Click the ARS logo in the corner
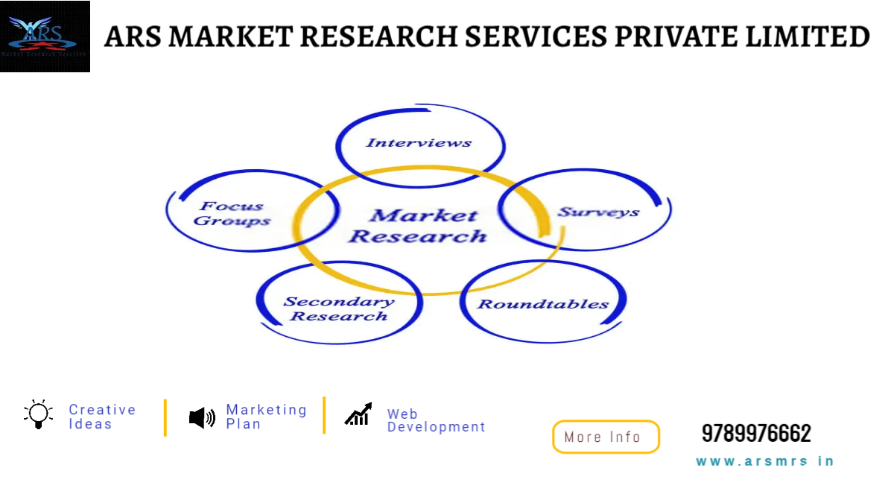click(x=45, y=37)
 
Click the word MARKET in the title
click(x=231, y=37)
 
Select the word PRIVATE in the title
click(x=675, y=37)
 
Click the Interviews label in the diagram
click(x=419, y=142)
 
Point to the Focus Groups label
click(x=232, y=214)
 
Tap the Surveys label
click(x=598, y=212)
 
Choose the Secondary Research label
click(x=339, y=309)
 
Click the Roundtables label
click(x=543, y=304)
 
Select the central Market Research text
click(x=419, y=226)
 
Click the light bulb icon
click(x=38, y=414)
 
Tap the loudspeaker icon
click(x=203, y=418)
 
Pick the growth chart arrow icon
click(x=358, y=414)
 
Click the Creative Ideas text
click(x=102, y=417)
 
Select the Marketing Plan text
click(x=266, y=417)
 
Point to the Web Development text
click(x=436, y=420)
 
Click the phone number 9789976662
click(x=756, y=433)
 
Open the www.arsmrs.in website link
click(x=765, y=461)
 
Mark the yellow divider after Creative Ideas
click(x=165, y=417)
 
